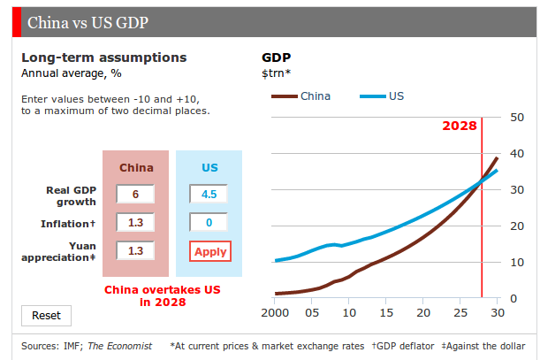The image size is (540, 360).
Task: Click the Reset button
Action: pyautogui.click(x=46, y=315)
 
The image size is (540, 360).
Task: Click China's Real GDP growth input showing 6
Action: pyautogui.click(x=135, y=194)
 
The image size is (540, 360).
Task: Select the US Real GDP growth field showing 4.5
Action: pyautogui.click(x=209, y=194)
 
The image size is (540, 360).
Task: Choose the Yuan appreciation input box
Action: pyautogui.click(x=135, y=250)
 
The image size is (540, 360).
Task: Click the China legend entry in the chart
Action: pyautogui.click(x=300, y=96)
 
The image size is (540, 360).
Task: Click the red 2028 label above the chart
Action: pyautogui.click(x=460, y=126)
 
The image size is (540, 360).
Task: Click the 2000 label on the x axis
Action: pyautogui.click(x=277, y=312)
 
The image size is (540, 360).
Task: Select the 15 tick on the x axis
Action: pyautogui.click(x=386, y=312)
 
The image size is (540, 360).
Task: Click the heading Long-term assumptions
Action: pyautogui.click(x=103, y=57)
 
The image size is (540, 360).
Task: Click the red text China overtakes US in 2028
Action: pyautogui.click(x=163, y=295)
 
